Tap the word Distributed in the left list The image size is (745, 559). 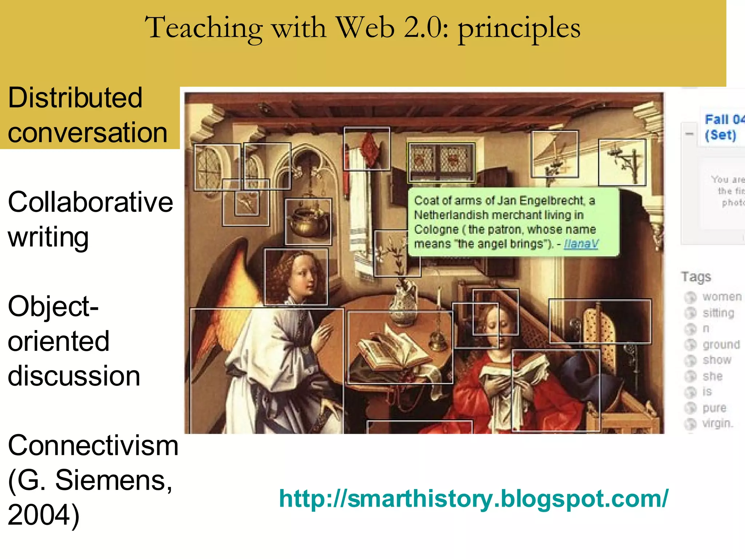[75, 98]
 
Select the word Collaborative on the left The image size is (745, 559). [90, 202]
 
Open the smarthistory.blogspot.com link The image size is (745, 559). [473, 499]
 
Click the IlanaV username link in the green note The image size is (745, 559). [581, 244]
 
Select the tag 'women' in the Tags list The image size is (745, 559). [722, 297]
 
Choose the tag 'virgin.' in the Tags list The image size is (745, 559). [718, 424]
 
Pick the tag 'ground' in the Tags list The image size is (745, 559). [721, 345]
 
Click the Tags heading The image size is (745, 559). [696, 277]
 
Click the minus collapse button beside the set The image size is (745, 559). [689, 134]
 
